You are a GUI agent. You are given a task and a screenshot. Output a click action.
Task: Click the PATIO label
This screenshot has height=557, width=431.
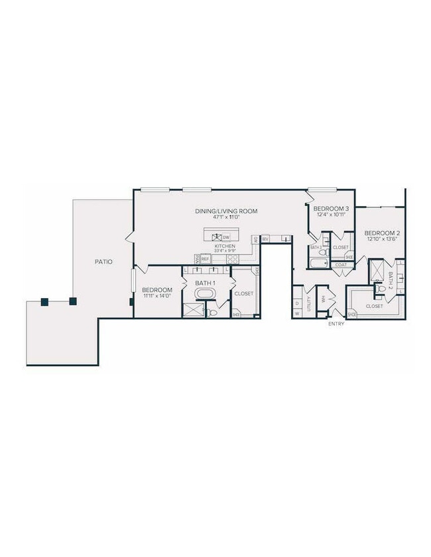coord(103,262)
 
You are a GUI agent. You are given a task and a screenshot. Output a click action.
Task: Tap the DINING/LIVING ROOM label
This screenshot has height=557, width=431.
coord(225,211)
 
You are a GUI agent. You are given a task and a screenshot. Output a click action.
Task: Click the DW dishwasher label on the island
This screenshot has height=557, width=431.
coord(226,237)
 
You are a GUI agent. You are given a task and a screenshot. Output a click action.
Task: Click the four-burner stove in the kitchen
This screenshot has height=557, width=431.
coord(232,259)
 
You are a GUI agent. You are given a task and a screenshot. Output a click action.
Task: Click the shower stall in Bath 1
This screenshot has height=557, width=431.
coord(192,309)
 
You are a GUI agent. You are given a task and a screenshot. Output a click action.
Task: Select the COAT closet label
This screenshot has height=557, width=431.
coord(341,264)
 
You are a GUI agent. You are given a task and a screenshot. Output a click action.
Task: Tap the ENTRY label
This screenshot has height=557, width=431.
coord(336,325)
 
